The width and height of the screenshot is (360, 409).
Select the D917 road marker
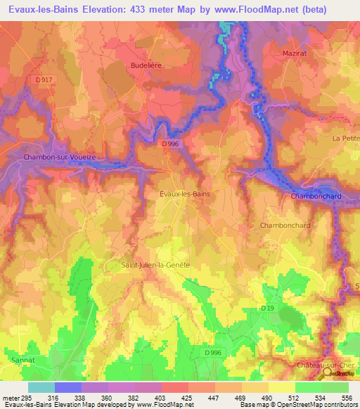coord(44,80)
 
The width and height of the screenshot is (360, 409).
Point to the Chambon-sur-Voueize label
coord(59,157)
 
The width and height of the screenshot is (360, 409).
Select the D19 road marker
coord(267,309)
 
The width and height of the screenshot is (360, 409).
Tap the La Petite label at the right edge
coord(346,138)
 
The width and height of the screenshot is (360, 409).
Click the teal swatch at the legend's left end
coord(41,387)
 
